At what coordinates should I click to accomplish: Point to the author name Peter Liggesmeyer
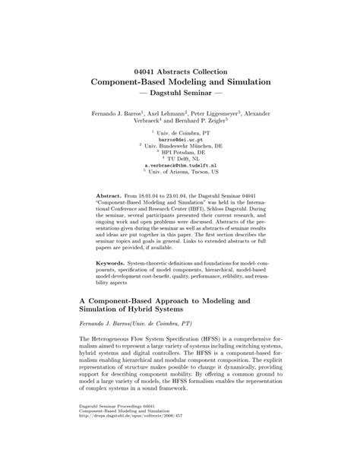pyautogui.click(x=216, y=113)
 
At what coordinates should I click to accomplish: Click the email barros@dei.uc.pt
pyautogui.click(x=180, y=140)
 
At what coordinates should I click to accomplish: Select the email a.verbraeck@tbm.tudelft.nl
pyautogui.click(x=180, y=164)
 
